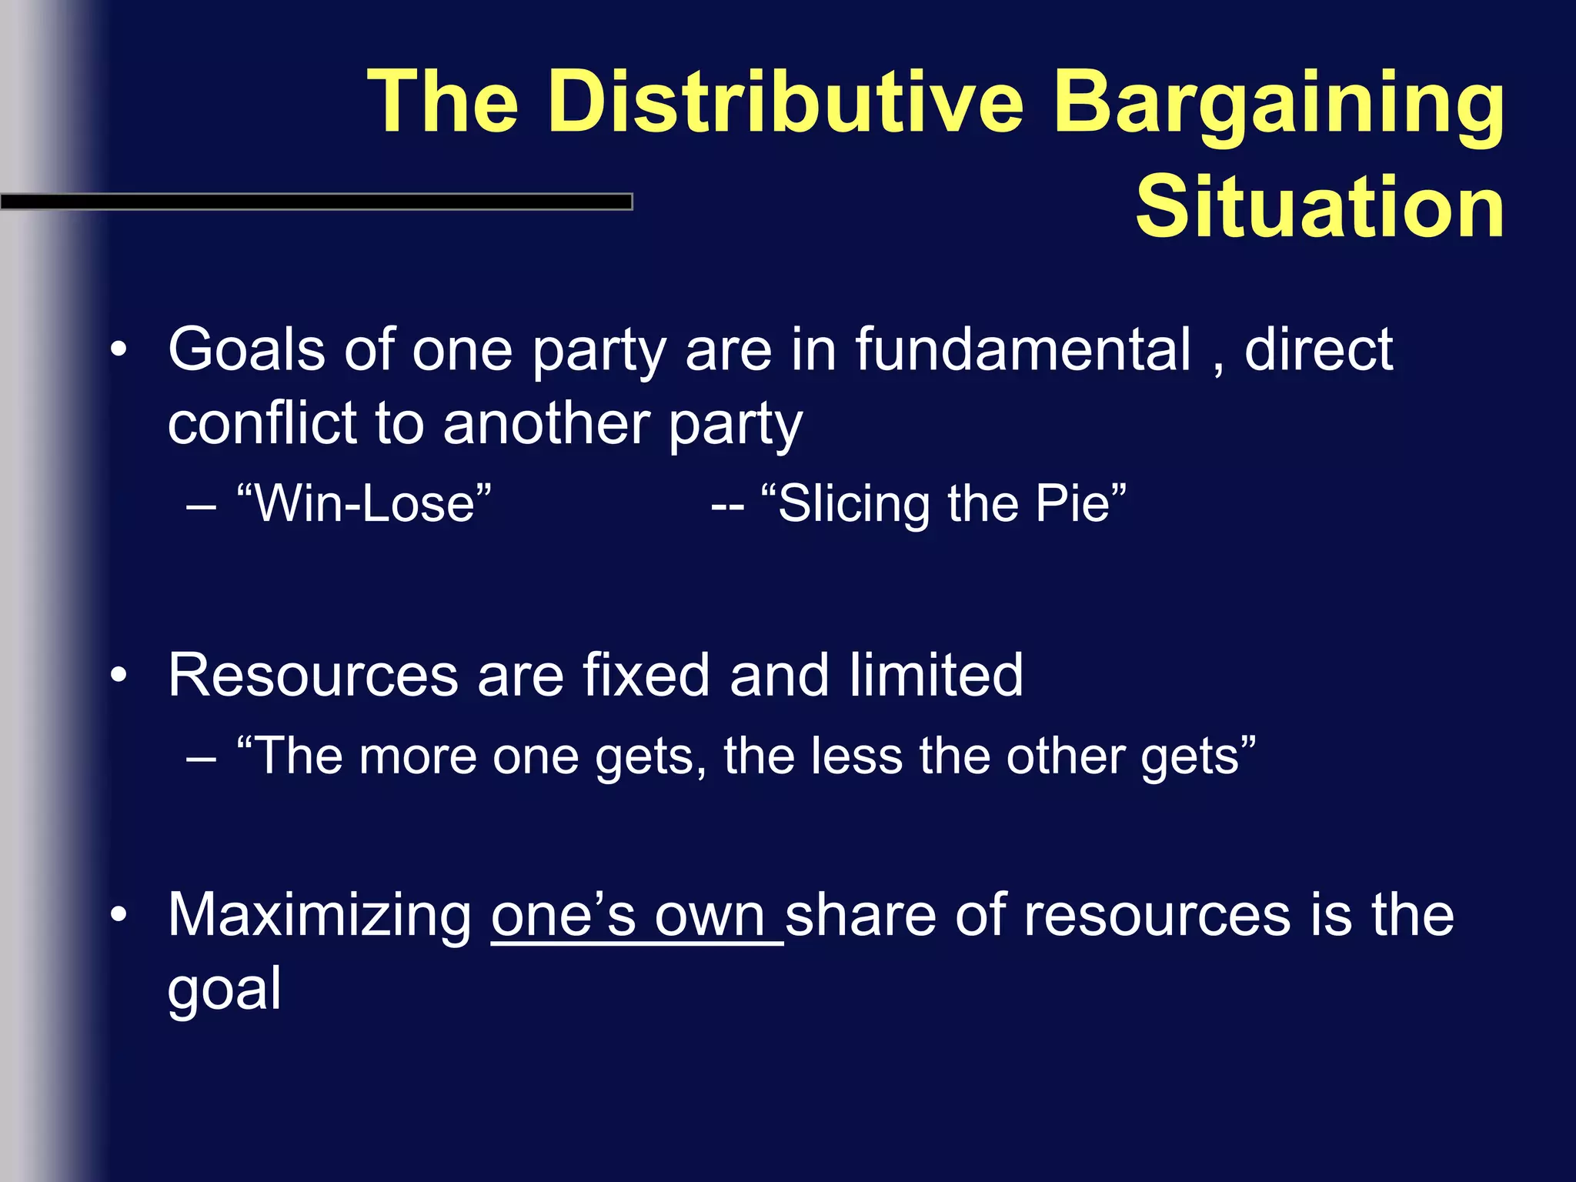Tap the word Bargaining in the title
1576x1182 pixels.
1277,102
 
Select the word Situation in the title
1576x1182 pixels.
1319,206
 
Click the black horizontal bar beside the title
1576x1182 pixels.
316,202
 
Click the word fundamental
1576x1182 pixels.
1023,350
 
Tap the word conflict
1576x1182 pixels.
265,423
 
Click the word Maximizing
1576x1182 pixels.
320,916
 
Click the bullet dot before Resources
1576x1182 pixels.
118,676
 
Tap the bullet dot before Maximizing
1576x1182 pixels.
118,915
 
